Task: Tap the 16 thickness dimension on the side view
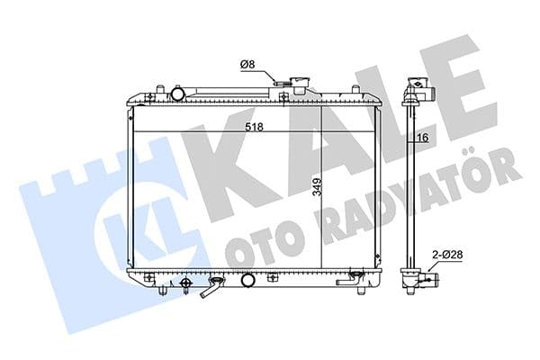(423, 137)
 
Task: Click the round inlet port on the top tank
(179, 93)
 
